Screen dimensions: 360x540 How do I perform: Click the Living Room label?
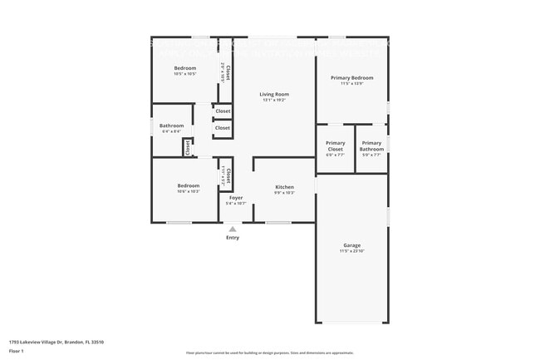[273, 95]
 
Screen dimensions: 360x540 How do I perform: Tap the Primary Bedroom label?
[351, 77]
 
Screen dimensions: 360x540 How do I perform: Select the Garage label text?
[351, 245]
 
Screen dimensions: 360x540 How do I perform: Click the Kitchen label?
[284, 187]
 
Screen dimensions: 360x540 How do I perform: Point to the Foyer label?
[236, 198]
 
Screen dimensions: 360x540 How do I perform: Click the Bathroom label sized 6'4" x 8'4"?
[171, 126]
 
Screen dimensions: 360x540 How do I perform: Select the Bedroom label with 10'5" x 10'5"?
[184, 67]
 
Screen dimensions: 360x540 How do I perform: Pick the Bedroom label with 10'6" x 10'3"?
[188, 185]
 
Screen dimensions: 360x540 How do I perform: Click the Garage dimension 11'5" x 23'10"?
[351, 251]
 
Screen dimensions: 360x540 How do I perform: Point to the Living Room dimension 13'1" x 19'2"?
[273, 101]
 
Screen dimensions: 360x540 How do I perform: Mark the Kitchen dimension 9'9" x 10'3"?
[284, 193]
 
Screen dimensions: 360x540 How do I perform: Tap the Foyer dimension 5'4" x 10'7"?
[236, 203]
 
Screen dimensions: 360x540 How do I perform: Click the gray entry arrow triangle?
[233, 229]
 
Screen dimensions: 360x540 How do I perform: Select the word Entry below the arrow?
[233, 238]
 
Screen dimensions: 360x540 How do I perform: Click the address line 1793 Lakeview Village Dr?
[56, 342]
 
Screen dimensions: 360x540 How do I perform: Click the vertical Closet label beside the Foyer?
[223, 176]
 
